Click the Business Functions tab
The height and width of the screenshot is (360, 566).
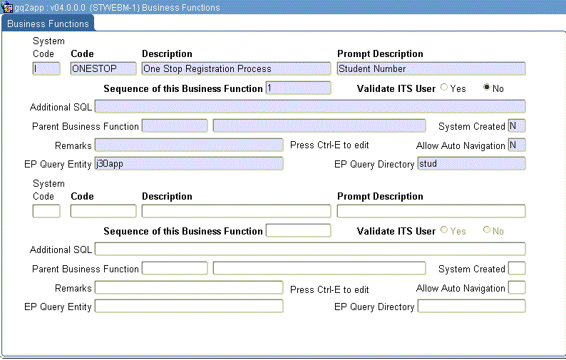[x=48, y=24]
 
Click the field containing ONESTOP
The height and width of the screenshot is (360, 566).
[x=103, y=68]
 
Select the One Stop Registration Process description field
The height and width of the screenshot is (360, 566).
[x=236, y=68]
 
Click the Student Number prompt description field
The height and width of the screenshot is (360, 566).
[x=431, y=68]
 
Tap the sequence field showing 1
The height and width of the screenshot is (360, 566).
[x=298, y=88]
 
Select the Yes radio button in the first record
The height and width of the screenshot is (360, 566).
[x=444, y=88]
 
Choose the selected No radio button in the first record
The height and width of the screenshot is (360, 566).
[x=487, y=88]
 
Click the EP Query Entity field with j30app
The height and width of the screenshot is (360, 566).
[x=189, y=163]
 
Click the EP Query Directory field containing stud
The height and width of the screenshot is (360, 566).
[x=471, y=163]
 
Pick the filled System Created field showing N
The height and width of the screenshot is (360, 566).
[x=516, y=126]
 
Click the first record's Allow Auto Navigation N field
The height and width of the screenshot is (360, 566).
[x=516, y=145]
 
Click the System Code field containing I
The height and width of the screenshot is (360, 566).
[x=46, y=68]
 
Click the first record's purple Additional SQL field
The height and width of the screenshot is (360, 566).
[x=310, y=107]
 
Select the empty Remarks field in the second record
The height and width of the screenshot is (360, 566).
[x=189, y=287]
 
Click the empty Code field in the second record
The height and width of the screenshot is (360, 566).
[x=103, y=211]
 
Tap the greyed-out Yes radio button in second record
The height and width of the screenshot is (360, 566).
[x=444, y=230]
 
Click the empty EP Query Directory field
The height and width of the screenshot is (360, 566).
[x=471, y=306]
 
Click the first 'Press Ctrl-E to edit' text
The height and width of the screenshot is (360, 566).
[x=329, y=145]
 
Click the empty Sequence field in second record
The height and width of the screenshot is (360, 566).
[x=298, y=230]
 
